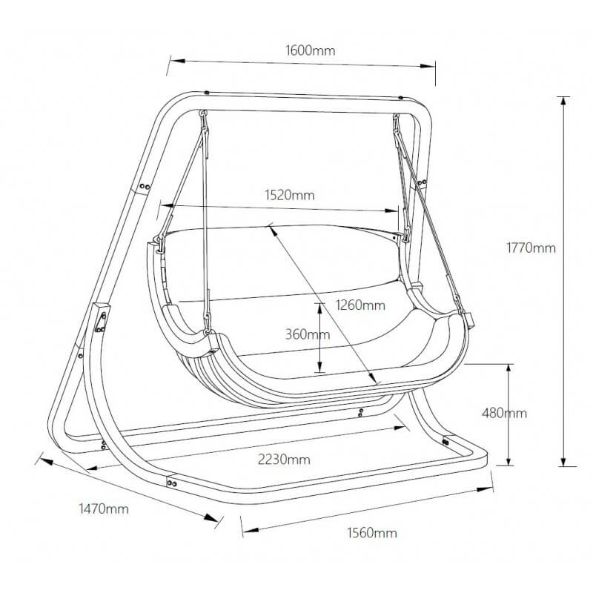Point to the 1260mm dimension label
[x=360, y=305]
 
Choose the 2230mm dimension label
[x=285, y=460]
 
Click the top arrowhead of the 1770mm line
[x=564, y=100]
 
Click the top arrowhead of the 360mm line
[x=320, y=305]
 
